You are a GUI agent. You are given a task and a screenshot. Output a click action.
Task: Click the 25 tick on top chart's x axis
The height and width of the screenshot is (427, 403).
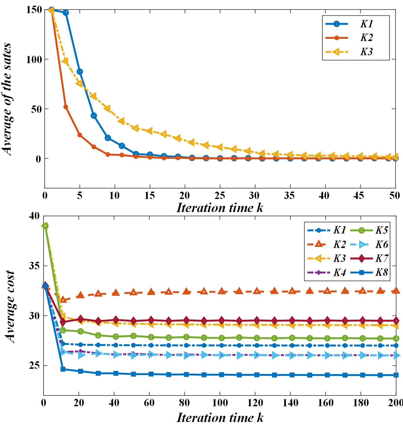[220, 195]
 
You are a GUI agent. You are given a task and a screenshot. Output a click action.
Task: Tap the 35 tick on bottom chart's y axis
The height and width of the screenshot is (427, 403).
[34, 266]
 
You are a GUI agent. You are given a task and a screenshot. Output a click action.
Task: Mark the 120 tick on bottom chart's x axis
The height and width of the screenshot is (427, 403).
[255, 403]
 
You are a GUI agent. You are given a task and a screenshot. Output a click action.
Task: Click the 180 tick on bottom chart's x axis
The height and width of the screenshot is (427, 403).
[361, 403]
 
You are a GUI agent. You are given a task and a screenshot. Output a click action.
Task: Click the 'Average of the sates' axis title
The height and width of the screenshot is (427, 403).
[7, 99]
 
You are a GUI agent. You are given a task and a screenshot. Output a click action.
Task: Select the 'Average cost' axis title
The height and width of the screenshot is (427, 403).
[10, 306]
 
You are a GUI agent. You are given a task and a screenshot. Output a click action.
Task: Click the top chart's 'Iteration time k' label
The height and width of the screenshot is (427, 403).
[220, 208]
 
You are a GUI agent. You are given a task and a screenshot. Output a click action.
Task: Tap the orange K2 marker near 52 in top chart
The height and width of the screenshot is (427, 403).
[66, 107]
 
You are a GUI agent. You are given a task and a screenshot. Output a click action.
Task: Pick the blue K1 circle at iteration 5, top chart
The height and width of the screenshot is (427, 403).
[80, 72]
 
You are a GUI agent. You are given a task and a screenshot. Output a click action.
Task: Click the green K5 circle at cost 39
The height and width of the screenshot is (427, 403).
[45, 226]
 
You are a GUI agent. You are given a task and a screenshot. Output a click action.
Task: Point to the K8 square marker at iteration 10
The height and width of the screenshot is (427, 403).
[63, 369]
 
